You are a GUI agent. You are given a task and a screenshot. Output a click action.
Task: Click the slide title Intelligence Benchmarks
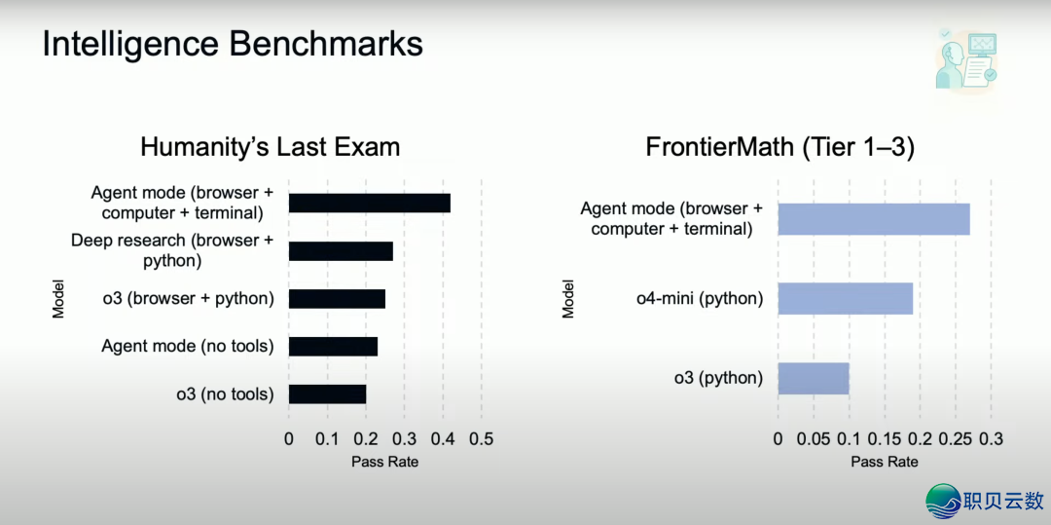[x=233, y=45]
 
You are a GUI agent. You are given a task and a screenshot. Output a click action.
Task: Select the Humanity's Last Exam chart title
[x=270, y=147]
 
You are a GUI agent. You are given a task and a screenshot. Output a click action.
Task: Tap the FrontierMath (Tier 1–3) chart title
[x=779, y=147]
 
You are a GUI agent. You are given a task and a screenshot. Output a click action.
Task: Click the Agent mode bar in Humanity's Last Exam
[x=369, y=203]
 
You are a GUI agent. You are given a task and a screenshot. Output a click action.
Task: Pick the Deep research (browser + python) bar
[x=341, y=250]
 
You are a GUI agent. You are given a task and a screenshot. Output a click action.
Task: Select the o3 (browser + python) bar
[x=337, y=298]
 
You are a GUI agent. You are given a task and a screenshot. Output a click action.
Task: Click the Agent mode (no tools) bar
[x=333, y=346]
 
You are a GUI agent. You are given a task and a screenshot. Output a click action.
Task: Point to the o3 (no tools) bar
[x=327, y=394]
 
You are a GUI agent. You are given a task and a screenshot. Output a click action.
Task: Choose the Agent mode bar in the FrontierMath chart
[x=873, y=219]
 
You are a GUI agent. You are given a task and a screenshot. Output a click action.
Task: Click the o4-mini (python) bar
[x=845, y=298]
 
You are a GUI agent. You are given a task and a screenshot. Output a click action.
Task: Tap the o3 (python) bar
[x=813, y=378]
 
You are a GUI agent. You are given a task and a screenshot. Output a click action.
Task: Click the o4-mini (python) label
[x=700, y=298]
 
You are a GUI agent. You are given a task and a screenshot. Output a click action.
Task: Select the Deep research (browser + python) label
[x=172, y=250]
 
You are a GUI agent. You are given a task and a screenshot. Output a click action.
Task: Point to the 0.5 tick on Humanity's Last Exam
[x=481, y=439]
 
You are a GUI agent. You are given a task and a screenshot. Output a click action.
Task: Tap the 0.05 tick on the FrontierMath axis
[x=814, y=439]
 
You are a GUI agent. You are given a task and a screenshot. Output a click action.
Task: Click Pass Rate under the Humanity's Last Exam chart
[x=384, y=462]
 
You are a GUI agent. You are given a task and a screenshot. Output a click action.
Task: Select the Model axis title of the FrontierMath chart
[x=568, y=299]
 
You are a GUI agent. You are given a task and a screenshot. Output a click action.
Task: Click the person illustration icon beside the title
[x=965, y=58]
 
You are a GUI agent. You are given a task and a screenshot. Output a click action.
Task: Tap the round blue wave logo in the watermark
[x=943, y=501]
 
